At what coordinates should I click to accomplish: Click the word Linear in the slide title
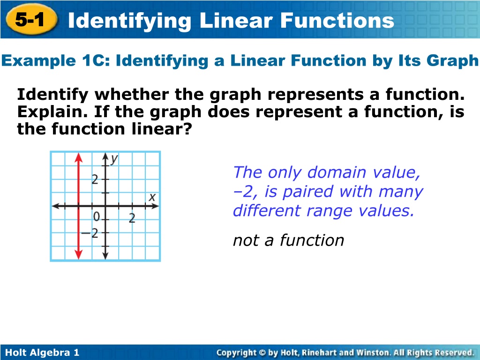[x=236, y=21]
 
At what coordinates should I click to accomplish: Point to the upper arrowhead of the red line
[x=79, y=157]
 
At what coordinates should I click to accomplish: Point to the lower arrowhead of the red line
[x=79, y=254]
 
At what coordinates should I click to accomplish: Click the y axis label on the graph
[x=114, y=159]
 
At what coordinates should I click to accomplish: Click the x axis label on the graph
[x=152, y=197]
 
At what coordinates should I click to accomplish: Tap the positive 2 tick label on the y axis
[x=95, y=180]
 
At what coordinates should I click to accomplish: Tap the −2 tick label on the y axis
[x=90, y=233]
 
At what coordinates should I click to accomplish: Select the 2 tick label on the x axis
[x=132, y=218]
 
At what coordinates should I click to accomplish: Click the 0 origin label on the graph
[x=97, y=217]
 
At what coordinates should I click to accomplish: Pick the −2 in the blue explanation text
[x=243, y=192]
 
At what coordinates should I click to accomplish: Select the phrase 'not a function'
[x=288, y=240]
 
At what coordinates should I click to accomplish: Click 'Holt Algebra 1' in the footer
[x=43, y=352]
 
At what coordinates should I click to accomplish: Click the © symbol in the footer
[x=262, y=352]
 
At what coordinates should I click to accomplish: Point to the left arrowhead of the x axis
[x=55, y=206]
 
